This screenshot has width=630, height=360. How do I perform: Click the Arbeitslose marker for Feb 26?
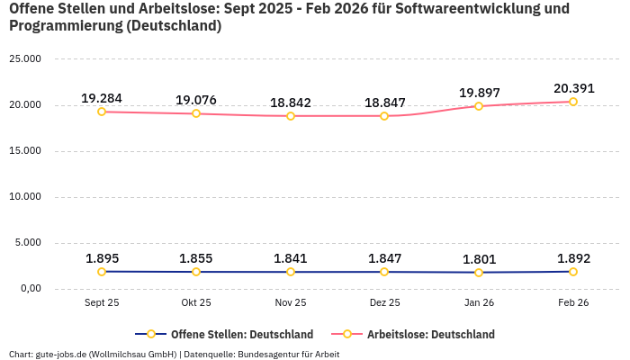[573, 102]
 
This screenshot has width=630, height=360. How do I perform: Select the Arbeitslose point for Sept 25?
[102, 112]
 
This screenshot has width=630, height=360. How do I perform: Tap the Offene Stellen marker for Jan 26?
[479, 273]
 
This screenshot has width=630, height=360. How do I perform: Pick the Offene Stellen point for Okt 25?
[196, 272]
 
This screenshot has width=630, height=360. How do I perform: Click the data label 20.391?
[573, 88]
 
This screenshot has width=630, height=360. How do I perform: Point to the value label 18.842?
[291, 103]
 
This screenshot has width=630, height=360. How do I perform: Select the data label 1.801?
[479, 259]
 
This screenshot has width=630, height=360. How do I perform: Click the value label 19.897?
[479, 93]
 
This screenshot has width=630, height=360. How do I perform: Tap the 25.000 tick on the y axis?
[25, 59]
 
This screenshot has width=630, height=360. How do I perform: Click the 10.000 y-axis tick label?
[25, 197]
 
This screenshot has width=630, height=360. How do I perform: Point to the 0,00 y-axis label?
[30, 289]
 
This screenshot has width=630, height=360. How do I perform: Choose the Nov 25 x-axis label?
[291, 303]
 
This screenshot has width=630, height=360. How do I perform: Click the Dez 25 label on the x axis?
[384, 303]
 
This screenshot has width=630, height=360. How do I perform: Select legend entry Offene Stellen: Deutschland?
[241, 334]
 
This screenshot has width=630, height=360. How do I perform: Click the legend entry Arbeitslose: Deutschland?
[430, 334]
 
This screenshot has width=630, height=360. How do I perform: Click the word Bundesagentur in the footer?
[269, 355]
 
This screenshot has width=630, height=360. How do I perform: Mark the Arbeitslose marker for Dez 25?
[384, 116]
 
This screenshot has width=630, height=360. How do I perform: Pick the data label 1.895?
[102, 258]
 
